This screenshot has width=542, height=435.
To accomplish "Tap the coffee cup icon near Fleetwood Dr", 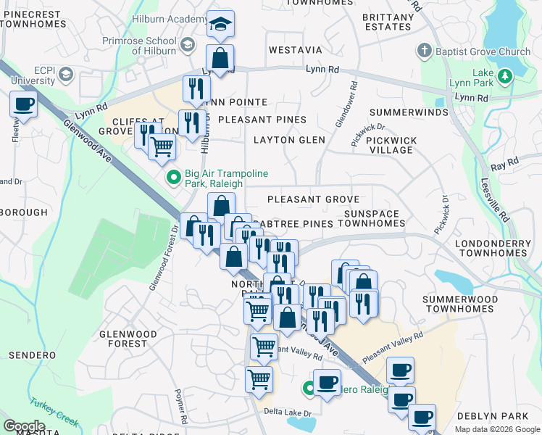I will click(x=24, y=104).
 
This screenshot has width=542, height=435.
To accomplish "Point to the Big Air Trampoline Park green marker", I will click(x=174, y=176).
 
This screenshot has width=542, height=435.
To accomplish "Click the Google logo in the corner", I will click(x=24, y=426).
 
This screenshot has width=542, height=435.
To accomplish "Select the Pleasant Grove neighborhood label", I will click(x=313, y=199).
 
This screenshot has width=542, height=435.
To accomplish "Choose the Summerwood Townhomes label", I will click(x=460, y=304).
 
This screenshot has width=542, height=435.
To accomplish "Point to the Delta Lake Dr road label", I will click(x=288, y=412).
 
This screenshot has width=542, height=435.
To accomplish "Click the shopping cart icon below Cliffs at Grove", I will click(x=162, y=147).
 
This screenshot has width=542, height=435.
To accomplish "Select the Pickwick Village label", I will click(x=389, y=145).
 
